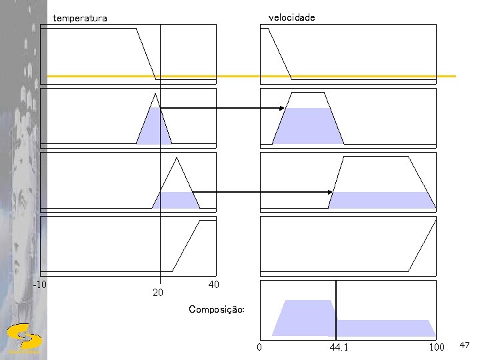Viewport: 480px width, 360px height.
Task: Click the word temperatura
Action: (x=79, y=19)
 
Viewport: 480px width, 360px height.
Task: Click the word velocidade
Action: (x=291, y=17)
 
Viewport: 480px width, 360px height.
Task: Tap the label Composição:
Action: (x=217, y=309)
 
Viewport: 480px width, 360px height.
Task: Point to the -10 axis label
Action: (x=40, y=285)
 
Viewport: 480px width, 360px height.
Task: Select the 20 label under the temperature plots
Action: (x=157, y=292)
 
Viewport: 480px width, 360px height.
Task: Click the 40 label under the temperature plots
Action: (x=213, y=285)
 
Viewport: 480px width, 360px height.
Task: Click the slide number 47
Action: (x=464, y=345)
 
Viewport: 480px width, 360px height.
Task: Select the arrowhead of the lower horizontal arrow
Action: (x=330, y=192)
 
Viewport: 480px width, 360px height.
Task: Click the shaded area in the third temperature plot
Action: (x=177, y=200)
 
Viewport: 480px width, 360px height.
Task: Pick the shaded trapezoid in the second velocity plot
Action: (x=308, y=126)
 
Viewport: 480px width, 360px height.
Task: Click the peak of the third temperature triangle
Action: (x=177, y=158)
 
